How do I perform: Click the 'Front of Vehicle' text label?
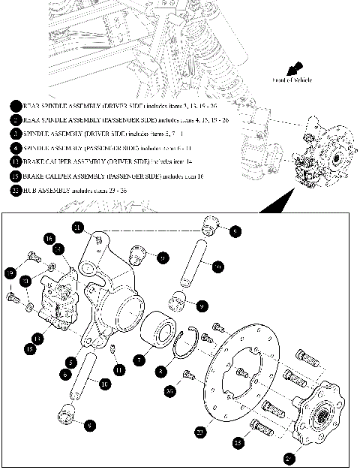coord(292,80)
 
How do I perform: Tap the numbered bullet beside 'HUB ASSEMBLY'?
coord(16,191)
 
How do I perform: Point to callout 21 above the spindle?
coord(77,227)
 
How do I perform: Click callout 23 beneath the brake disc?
coord(199,432)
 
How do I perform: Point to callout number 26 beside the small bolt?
coord(169,390)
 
